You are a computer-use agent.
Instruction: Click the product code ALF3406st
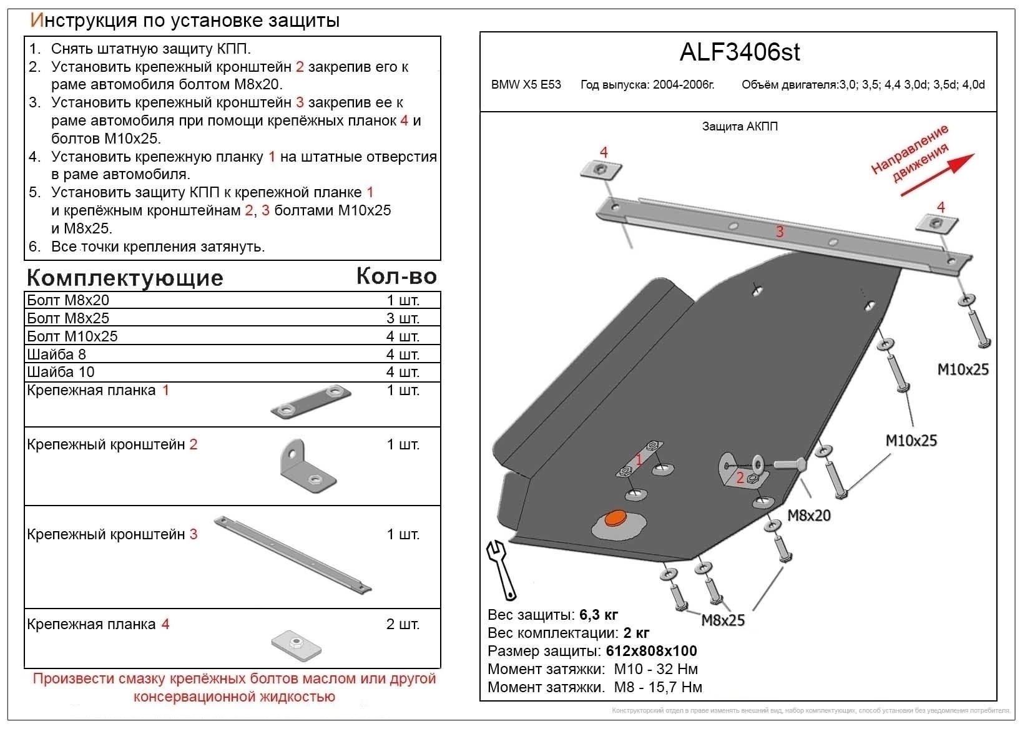[739, 52]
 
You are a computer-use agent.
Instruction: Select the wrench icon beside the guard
[502, 568]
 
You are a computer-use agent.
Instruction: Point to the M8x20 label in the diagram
[808, 516]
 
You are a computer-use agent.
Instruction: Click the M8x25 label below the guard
[723, 620]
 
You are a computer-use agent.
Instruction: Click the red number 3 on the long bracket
[780, 232]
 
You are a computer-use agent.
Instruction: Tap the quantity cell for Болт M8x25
[403, 318]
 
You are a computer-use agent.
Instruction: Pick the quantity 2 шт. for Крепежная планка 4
[403, 624]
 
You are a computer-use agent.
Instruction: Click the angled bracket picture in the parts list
[306, 465]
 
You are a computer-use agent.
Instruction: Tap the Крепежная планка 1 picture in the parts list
[311, 402]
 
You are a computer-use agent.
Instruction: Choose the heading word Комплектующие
[125, 278]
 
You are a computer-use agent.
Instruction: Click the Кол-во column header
[396, 276]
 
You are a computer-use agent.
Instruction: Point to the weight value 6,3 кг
[599, 615]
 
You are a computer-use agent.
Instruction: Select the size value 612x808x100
[651, 651]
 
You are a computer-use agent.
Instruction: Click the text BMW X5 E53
[526, 85]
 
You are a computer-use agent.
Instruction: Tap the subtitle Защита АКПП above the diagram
[740, 127]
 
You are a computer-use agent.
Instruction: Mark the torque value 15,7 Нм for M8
[674, 687]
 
